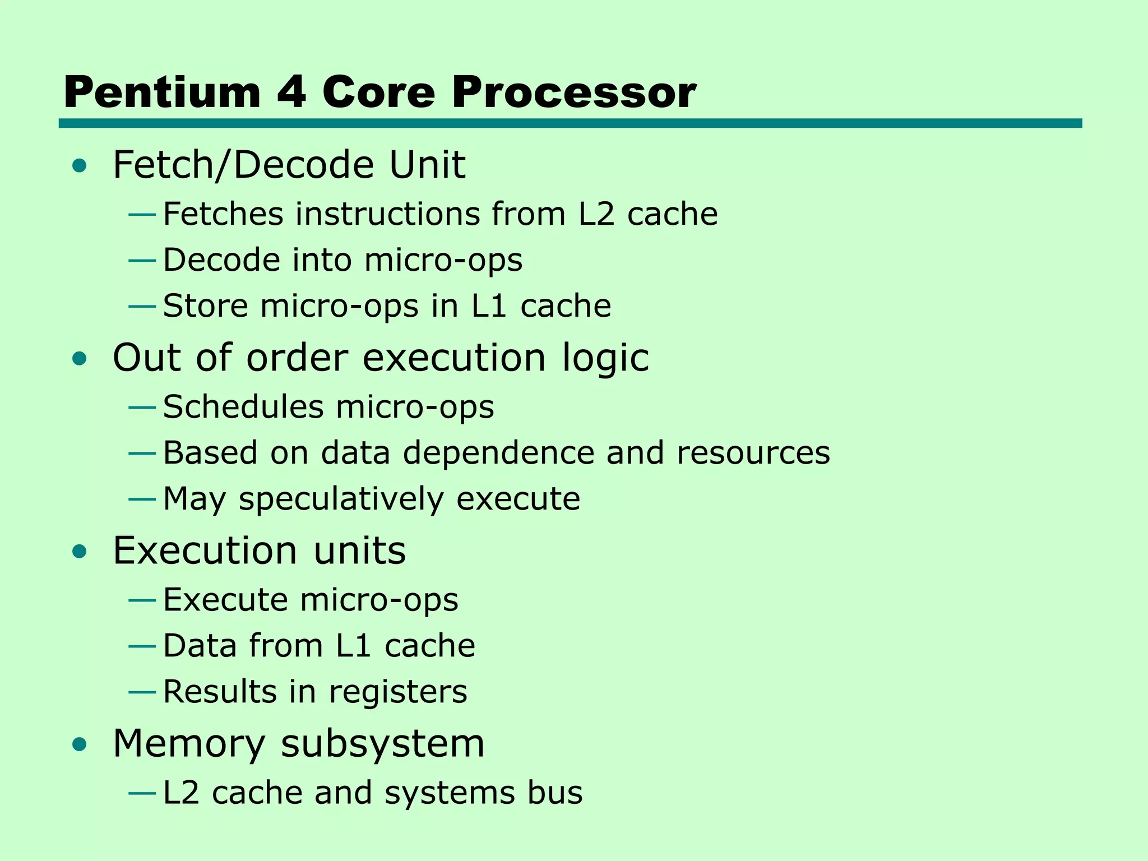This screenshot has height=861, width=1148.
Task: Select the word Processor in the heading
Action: (574, 92)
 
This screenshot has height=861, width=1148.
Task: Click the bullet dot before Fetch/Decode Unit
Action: (80, 165)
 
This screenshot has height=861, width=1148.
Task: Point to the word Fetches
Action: (223, 214)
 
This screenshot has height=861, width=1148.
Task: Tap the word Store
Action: (205, 306)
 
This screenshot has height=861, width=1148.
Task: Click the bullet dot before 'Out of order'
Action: (80, 358)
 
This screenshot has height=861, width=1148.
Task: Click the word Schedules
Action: (243, 407)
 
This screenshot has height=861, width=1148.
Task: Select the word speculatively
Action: (341, 499)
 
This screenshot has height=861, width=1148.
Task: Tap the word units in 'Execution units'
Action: (359, 550)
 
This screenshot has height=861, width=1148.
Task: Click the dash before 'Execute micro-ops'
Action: (142, 600)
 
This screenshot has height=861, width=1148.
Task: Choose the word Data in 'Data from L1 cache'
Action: (200, 646)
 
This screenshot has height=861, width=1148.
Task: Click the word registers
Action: (398, 692)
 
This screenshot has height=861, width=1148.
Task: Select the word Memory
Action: (189, 744)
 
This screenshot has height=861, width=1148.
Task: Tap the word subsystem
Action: (382, 744)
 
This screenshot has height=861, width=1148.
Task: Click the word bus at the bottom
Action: (554, 793)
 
